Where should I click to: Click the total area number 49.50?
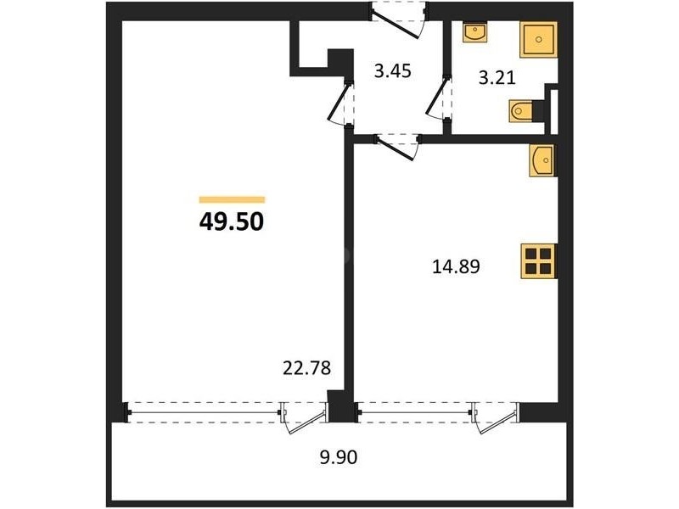click(231, 222)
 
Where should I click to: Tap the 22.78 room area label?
click(306, 368)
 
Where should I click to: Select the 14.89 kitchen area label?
click(456, 266)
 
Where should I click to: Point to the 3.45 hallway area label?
click(392, 71)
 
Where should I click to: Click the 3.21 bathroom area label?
click(497, 78)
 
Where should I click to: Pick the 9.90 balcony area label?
click(339, 457)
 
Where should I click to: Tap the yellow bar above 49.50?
click(232, 199)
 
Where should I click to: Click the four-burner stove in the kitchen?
click(538, 261)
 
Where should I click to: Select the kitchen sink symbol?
click(542, 160)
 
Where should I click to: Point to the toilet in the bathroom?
click(522, 111)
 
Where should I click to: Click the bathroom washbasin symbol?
click(475, 32)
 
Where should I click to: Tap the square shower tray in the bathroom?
click(538, 39)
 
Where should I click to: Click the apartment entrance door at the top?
click(398, 20)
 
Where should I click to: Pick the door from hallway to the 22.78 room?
click(340, 103)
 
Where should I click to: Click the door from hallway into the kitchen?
click(397, 147)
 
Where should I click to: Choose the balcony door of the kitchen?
click(496, 417)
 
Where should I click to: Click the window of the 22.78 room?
click(203, 411)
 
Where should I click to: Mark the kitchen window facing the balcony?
click(414, 411)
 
